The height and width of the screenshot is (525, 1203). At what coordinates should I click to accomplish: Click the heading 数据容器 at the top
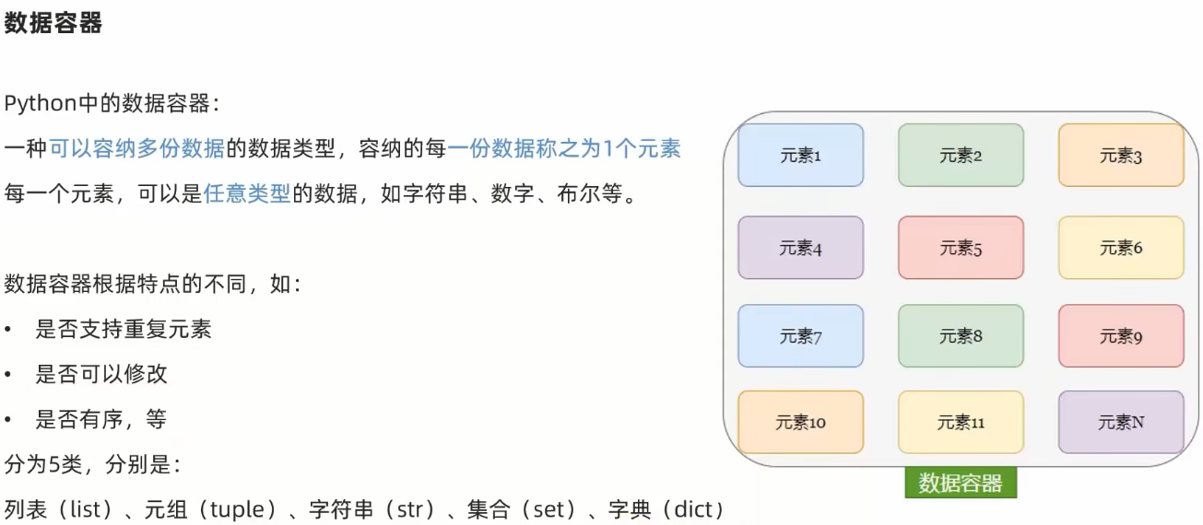[53, 24]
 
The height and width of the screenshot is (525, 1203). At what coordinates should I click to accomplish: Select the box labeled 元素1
[800, 156]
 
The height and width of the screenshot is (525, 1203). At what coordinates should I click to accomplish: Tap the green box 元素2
[961, 156]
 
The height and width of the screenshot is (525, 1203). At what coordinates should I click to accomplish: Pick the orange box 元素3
[1121, 156]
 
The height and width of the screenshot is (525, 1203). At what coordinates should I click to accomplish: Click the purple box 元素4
[800, 248]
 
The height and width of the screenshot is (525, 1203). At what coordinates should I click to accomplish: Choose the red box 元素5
[961, 248]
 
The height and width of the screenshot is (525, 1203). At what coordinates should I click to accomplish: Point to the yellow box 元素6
[1121, 248]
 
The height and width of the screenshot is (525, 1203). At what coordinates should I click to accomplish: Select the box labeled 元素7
[800, 336]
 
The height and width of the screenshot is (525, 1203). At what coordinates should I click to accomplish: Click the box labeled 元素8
[961, 336]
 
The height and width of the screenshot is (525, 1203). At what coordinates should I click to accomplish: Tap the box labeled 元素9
[1121, 336]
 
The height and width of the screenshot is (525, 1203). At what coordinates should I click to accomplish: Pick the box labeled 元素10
[800, 423]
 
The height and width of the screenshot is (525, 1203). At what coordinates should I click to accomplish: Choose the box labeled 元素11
[961, 423]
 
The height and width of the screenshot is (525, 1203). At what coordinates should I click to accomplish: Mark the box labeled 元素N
[1121, 423]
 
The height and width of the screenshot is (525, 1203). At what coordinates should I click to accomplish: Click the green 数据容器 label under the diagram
[961, 483]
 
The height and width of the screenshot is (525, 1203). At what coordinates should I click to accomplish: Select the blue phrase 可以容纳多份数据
[136, 147]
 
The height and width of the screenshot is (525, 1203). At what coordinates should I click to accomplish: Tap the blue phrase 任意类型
[246, 193]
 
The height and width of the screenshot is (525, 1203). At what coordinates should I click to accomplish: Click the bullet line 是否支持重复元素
[124, 329]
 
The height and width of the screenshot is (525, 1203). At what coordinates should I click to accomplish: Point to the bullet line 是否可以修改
[101, 374]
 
